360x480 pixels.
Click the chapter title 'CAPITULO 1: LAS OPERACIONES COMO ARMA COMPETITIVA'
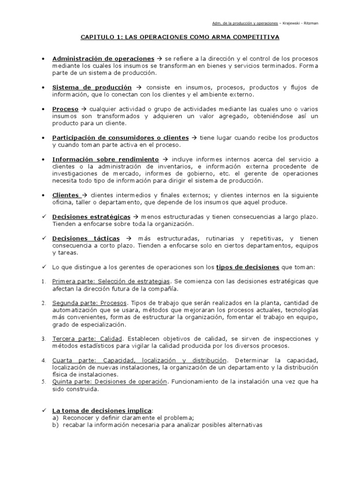point(180,37)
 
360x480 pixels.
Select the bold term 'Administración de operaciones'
point(103,59)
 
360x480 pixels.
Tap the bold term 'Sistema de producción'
point(92,88)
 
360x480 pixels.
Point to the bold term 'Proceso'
point(65,109)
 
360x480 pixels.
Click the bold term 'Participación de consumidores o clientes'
point(120,138)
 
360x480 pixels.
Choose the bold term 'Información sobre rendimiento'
point(105,159)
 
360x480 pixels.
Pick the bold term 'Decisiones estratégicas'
point(91,217)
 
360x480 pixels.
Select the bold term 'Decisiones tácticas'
point(86,238)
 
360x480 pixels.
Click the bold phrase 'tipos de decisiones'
point(247,267)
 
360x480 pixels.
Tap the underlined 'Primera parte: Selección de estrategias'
point(111,281)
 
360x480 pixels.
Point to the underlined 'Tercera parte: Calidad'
point(87,338)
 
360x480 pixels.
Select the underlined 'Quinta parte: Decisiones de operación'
point(109,382)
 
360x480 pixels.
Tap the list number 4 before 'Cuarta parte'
point(43,360)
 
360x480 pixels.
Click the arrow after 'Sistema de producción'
point(140,88)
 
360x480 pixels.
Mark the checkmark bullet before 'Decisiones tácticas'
point(43,238)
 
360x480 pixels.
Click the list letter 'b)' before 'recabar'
point(55,425)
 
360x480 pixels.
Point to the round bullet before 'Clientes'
point(43,195)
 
